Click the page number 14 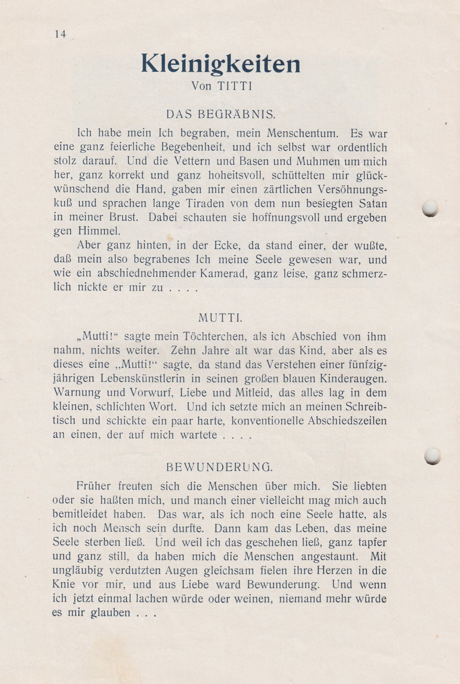click(x=60, y=34)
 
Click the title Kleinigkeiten click(x=221, y=64)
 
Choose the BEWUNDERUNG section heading click(x=220, y=466)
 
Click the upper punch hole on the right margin click(x=431, y=209)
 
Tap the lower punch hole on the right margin click(x=433, y=456)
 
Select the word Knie click(x=64, y=585)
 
